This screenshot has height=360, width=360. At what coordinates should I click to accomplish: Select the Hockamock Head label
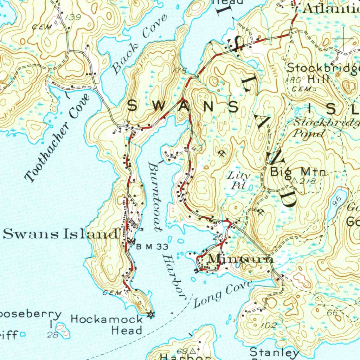(108, 324)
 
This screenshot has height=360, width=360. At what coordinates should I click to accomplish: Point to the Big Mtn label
(298, 172)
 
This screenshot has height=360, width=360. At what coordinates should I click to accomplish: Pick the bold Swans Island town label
(61, 234)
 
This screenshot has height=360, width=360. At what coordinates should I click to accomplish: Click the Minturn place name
(241, 259)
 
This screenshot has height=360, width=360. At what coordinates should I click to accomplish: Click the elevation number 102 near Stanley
(269, 326)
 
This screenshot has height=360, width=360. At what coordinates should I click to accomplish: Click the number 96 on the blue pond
(337, 201)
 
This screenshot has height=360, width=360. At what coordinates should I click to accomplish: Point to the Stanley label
(274, 352)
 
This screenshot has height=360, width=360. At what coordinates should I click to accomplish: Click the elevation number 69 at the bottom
(181, 351)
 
